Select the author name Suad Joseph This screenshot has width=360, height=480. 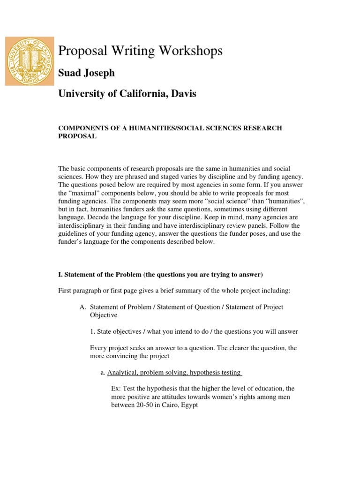86,73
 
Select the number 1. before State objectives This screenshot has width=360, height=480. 92,331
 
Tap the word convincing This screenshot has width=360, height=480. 121,356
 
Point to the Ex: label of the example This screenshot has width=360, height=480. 116,389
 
